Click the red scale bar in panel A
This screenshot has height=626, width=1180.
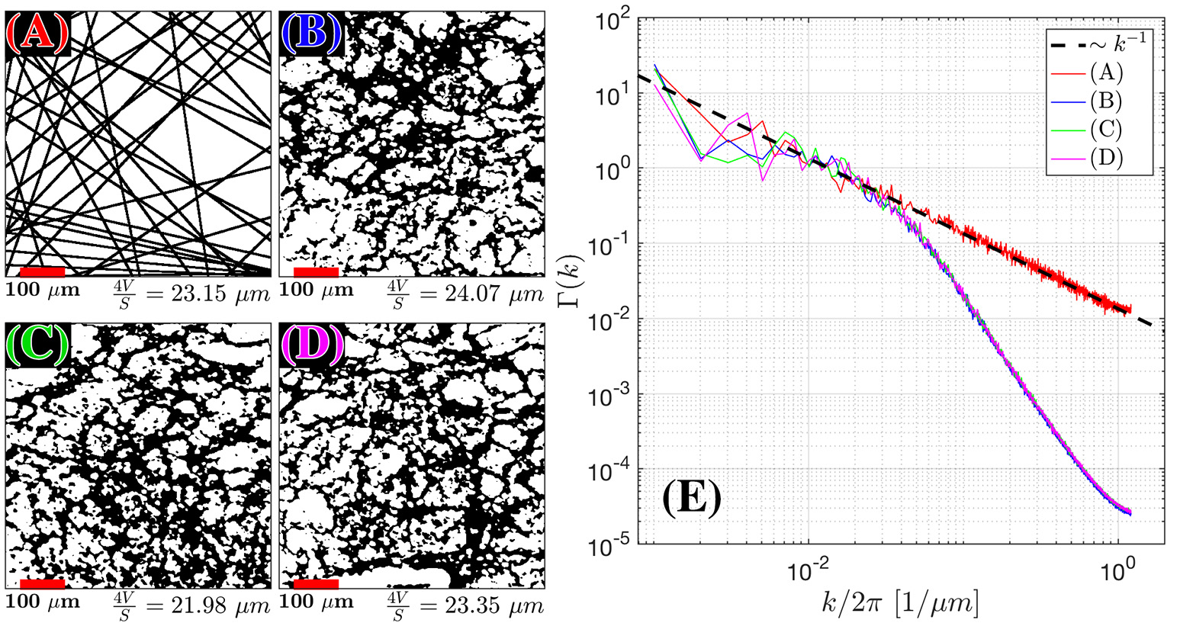[42, 271]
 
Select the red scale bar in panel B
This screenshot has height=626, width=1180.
[316, 271]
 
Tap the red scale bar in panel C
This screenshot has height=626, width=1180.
[42, 584]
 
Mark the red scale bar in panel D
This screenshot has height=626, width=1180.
[316, 584]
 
